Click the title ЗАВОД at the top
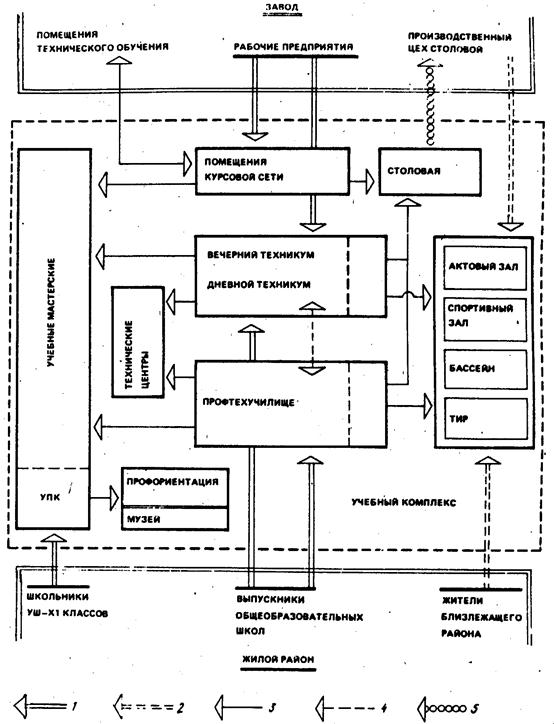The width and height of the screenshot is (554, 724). pos(282,7)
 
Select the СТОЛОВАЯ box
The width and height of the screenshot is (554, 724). pos(430,171)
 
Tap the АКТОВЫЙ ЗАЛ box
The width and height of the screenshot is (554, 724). pos(485,268)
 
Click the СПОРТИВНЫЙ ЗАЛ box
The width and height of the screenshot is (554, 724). pos(485,320)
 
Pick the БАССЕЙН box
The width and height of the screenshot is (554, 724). pos(485,369)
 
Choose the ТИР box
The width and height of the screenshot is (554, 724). pos(485,418)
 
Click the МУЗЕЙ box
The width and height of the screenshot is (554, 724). pos(175,519)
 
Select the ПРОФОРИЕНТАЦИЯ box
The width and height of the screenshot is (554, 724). pos(175,487)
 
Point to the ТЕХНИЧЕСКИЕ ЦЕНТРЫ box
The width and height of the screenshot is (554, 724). pos(138,342)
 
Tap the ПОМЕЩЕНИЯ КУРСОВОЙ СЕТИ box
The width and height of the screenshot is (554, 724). pos(272,171)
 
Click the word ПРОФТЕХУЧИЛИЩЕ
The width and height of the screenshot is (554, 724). pos(248,402)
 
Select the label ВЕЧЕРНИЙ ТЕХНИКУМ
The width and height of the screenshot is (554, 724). pos(260,255)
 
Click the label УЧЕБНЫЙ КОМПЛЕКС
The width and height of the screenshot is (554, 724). pos(403,502)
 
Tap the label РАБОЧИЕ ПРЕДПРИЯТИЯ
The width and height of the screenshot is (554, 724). pos(294,47)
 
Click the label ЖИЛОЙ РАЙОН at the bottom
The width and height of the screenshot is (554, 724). pos(278,659)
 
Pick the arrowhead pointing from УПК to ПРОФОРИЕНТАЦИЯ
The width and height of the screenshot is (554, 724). pos(114,498)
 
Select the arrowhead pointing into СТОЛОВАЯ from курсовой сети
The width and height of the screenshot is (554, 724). pos(369,181)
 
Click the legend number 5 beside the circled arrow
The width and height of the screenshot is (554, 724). pos(474,708)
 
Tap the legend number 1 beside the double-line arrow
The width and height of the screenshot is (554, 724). pos(74,706)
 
